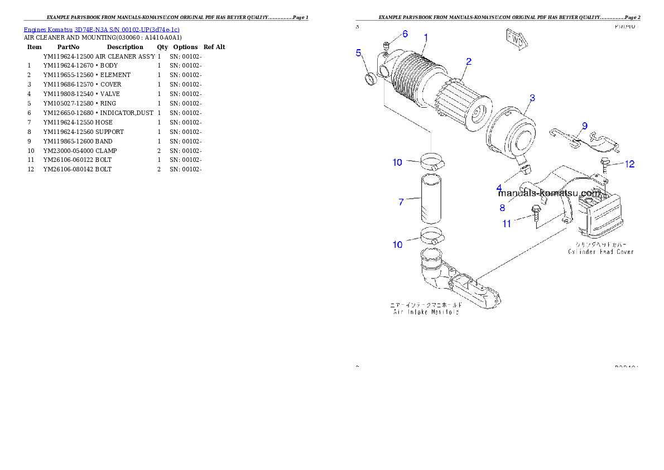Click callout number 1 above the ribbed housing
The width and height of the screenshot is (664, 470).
tap(426, 37)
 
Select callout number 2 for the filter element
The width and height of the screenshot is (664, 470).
tap(469, 61)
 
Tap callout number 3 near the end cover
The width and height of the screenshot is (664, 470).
tap(532, 98)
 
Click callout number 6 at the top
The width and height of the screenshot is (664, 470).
tap(405, 34)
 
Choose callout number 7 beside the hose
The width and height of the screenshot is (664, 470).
tap(401, 202)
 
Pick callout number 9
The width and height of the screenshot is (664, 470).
tap(585, 126)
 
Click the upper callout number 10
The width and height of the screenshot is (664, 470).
tap(397, 162)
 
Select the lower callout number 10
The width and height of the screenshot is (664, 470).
tap(397, 244)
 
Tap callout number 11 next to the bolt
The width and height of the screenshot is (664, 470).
tap(507, 224)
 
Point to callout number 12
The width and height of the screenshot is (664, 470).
tap(629, 164)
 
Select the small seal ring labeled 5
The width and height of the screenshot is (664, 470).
tap(371, 78)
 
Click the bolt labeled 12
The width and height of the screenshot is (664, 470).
tap(605, 163)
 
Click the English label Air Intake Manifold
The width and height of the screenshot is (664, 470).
tap(426, 313)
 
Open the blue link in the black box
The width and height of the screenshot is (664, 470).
tap(102, 30)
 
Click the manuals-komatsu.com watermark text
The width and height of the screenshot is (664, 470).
tap(549, 194)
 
